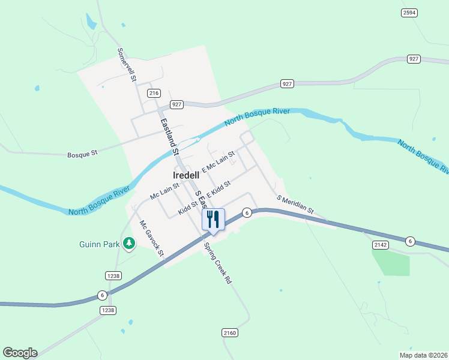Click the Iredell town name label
coord(185,175)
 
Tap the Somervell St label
coord(127,65)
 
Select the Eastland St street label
coord(169,136)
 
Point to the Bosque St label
coord(82,154)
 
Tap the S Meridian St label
coord(295,204)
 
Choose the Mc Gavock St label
coord(152,238)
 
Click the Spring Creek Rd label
coord(217,263)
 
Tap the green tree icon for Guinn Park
coord(128,243)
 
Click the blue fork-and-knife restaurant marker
coord(212,220)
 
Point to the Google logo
coord(20,353)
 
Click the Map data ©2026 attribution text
coord(423,355)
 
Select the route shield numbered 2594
coord(409,13)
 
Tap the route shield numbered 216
coord(154,93)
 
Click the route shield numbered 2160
coord(230,332)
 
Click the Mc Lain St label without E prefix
coord(164,191)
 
